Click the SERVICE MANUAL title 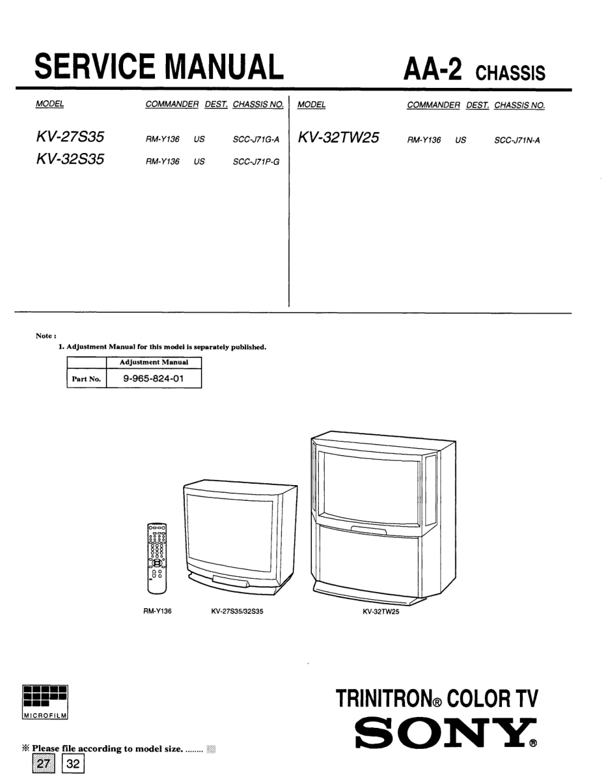point(159,66)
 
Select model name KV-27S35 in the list point(70,137)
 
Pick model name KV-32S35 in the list point(70,159)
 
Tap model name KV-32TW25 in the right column point(338,138)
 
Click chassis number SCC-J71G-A point(256,140)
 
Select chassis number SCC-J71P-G point(256,162)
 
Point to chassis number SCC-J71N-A point(517,140)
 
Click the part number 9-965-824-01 point(153,379)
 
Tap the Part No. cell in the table point(86,379)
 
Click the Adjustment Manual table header point(154,362)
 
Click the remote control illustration point(157,558)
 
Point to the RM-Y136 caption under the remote point(158,611)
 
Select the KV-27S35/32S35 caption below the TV point(237,611)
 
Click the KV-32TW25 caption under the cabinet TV point(381,612)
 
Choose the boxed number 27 point(43,764)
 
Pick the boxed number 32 point(73,764)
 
